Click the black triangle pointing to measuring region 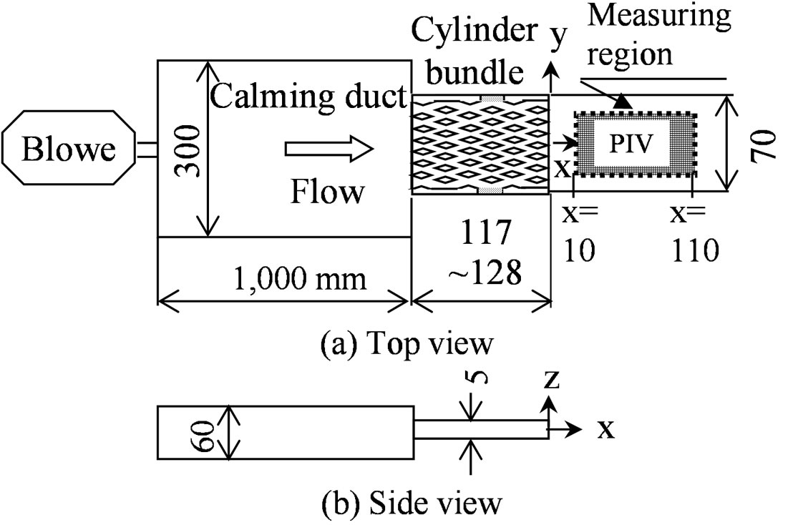point(623,104)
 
